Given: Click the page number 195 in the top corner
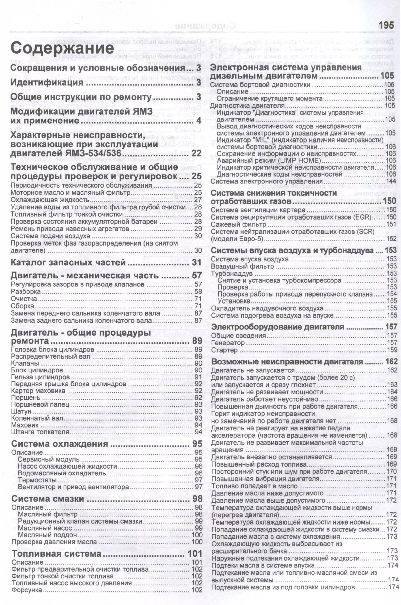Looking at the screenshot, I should (x=386, y=25).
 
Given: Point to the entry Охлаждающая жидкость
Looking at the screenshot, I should (x=50, y=200).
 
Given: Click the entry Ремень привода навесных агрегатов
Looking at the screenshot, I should (x=70, y=229).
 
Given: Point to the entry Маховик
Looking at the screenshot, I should (x=25, y=425).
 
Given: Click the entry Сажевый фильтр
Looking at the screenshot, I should (x=238, y=224).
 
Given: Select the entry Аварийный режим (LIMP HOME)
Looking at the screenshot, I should (x=268, y=160).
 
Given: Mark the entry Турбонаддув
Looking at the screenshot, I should (x=232, y=274).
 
